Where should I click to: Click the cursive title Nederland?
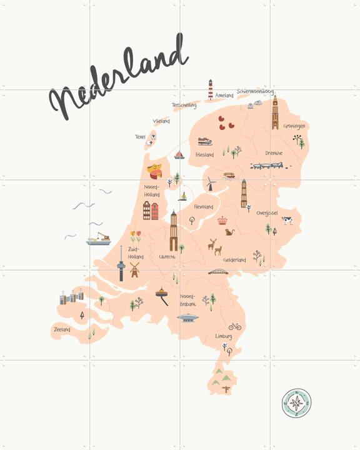tap(119, 81)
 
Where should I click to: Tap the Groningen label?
tap(294, 126)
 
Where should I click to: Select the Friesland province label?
tap(204, 154)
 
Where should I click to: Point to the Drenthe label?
tap(274, 153)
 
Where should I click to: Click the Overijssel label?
tap(267, 213)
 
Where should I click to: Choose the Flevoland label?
tap(203, 206)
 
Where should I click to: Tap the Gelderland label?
tap(235, 259)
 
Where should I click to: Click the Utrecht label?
tap(167, 257)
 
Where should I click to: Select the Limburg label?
tap(223, 336)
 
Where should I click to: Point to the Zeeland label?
tap(62, 328)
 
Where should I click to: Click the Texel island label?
tap(140, 137)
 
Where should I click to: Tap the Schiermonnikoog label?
tap(256, 91)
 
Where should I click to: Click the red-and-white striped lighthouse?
tap(211, 89)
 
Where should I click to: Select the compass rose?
tap(296, 403)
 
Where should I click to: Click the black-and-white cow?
tap(287, 220)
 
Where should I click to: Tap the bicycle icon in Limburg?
tap(234, 326)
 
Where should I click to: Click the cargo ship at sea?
tap(99, 239)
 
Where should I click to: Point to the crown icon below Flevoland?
tap(222, 220)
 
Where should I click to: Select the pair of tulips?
tap(135, 236)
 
